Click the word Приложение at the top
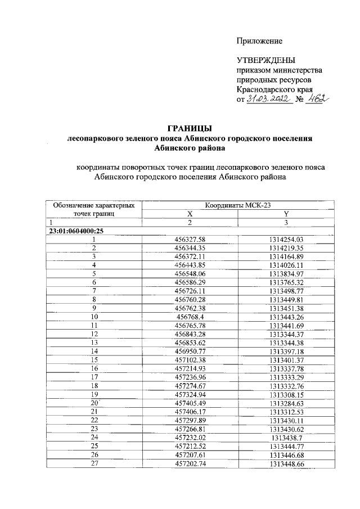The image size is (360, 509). click(259, 41)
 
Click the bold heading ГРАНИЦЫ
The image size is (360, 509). click(189, 128)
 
